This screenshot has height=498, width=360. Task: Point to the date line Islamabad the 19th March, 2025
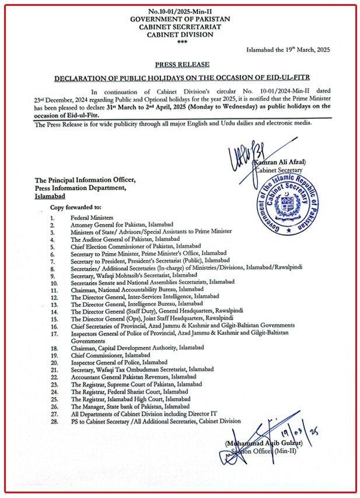pyautogui.click(x=288, y=51)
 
